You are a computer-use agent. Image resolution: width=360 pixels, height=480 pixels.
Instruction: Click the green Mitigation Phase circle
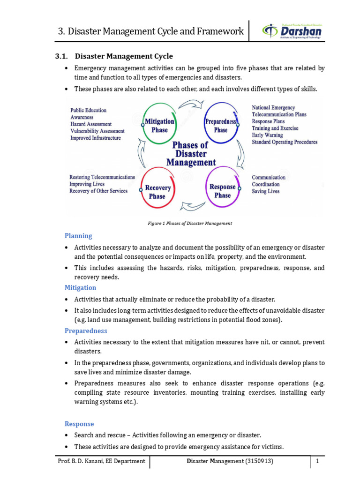(159, 125)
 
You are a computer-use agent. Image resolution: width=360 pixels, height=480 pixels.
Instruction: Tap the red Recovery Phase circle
(158, 192)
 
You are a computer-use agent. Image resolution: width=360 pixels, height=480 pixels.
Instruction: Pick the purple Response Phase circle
(223, 191)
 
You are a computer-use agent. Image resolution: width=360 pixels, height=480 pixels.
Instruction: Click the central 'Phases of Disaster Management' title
(190, 154)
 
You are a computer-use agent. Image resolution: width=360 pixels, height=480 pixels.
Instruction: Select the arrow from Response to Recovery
(192, 206)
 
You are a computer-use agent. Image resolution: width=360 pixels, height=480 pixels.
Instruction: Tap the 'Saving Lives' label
(265, 191)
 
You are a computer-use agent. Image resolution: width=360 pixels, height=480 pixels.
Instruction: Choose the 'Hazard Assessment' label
(91, 124)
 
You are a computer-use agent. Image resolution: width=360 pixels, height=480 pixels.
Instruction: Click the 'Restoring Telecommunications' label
(102, 177)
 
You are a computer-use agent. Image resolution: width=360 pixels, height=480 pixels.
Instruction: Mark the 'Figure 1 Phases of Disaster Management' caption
(190, 224)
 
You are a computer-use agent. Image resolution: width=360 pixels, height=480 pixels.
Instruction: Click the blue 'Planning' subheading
(78, 236)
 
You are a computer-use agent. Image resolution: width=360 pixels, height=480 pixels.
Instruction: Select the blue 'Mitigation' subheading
(80, 288)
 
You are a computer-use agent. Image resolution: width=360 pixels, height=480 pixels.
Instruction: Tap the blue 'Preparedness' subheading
(86, 331)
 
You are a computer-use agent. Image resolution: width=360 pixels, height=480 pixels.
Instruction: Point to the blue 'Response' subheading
(79, 424)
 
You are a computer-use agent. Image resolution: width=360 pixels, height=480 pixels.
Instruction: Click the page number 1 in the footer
(317, 461)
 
